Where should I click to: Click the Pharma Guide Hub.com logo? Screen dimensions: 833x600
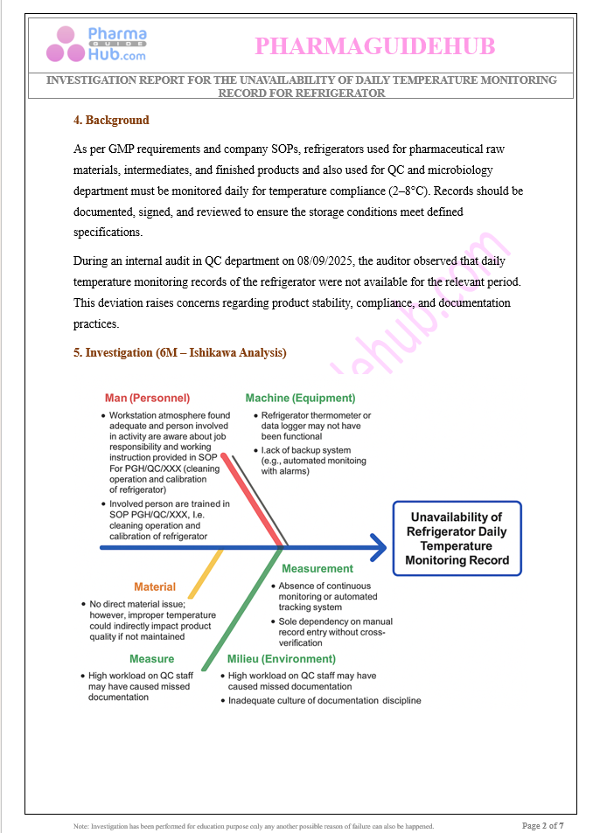pyautogui.click(x=97, y=44)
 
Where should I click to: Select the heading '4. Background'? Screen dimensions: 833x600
pyautogui.click(x=111, y=121)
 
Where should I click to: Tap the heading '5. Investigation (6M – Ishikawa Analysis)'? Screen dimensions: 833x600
pyautogui.click(x=180, y=352)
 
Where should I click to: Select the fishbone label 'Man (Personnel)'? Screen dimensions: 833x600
pyautogui.click(x=147, y=398)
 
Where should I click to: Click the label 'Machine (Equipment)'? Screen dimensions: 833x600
pyautogui.click(x=300, y=398)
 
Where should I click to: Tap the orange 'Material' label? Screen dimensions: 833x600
pyautogui.click(x=155, y=587)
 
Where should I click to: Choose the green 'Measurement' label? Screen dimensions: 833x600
pyautogui.click(x=317, y=568)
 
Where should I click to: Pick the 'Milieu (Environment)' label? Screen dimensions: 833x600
pyautogui.click(x=281, y=658)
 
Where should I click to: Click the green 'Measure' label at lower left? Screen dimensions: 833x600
pyautogui.click(x=152, y=658)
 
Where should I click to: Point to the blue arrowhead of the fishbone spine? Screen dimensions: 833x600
pyautogui.click(x=377, y=548)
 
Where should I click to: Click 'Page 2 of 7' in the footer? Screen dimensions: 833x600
pyautogui.click(x=542, y=825)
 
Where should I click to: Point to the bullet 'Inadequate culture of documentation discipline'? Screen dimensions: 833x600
pyautogui.click(x=324, y=700)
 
